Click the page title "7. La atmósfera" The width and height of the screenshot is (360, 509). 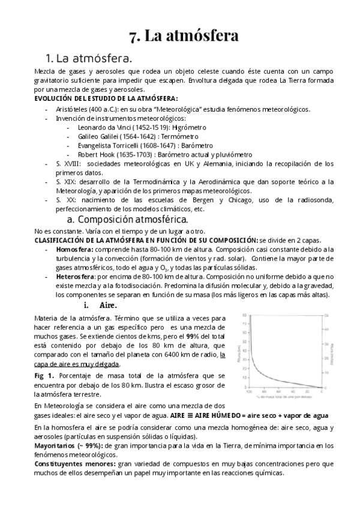coord(184,36)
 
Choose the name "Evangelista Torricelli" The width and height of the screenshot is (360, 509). coord(111,145)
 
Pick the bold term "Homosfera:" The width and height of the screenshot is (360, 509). coord(75,249)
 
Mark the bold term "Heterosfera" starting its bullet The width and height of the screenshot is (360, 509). coord(76,277)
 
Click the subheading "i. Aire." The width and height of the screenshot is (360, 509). coord(100,306)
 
